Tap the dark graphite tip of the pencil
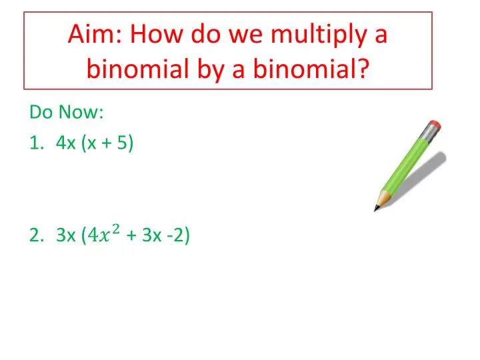[x=377, y=208]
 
